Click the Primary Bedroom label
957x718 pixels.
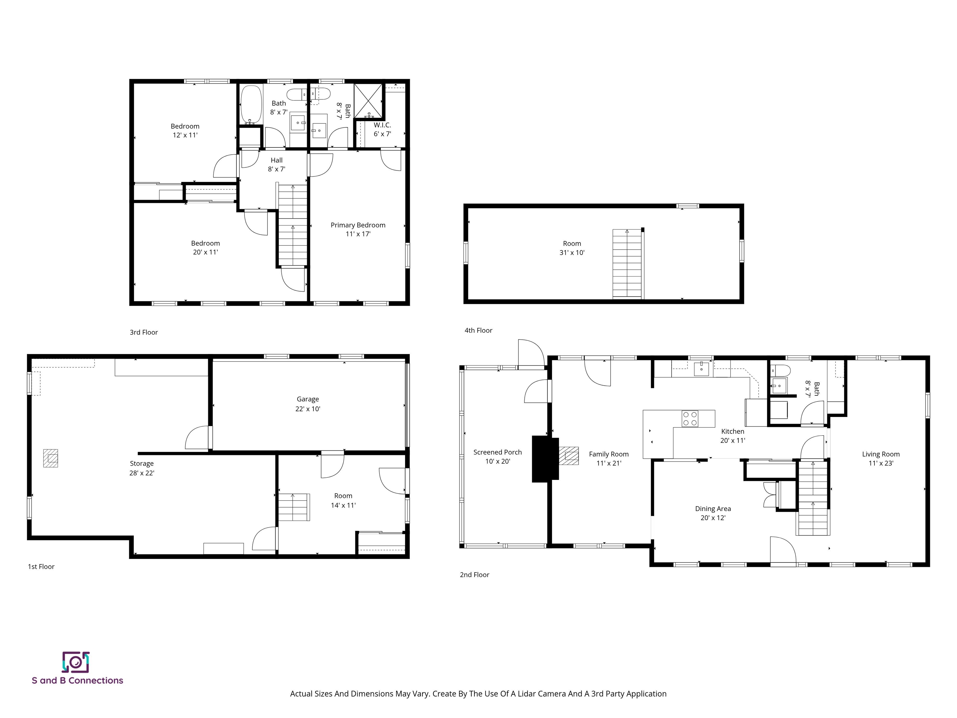(358, 225)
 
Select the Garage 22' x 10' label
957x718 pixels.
(307, 404)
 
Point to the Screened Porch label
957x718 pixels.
(498, 452)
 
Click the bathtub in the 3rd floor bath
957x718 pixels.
(251, 104)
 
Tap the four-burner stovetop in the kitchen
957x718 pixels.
(690, 419)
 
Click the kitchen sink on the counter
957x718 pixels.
(701, 369)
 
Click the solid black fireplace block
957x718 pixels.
(545, 459)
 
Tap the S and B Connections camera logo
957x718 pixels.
(76, 662)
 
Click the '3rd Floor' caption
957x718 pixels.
(144, 333)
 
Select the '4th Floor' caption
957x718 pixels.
(478, 331)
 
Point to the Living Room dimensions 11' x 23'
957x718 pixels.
(881, 463)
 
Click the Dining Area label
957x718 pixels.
(712, 509)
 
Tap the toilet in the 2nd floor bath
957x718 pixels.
(781, 371)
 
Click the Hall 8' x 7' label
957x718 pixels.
(276, 165)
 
